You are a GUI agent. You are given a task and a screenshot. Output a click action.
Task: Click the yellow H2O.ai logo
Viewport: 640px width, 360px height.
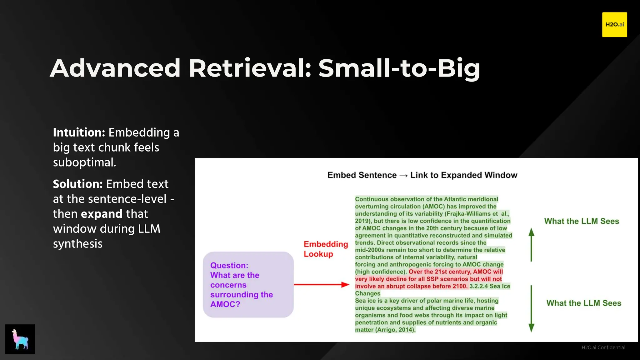[x=614, y=25]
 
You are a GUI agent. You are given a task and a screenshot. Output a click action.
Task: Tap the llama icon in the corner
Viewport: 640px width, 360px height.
[x=20, y=339]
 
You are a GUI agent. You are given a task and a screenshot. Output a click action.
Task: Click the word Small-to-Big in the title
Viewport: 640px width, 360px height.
[x=399, y=68]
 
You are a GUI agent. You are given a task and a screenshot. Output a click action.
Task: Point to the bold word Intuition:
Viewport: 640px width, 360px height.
[x=79, y=132]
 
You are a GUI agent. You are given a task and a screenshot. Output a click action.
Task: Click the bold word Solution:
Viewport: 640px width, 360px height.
[x=77, y=184]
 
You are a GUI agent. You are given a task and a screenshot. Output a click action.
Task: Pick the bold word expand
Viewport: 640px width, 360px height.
[x=102, y=214]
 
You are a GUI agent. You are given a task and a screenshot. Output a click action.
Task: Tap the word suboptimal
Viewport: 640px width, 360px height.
[x=84, y=162]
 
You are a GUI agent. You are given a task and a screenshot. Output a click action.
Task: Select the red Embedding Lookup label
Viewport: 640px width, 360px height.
[x=326, y=249]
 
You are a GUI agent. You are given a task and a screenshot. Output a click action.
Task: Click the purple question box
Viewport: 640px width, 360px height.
[x=248, y=285]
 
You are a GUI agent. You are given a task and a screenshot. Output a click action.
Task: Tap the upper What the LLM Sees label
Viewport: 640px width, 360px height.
[x=581, y=221]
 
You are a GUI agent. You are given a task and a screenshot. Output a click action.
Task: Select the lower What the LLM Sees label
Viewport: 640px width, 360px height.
[x=583, y=303]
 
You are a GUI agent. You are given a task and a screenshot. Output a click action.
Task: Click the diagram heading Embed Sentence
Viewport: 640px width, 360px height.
[x=362, y=175]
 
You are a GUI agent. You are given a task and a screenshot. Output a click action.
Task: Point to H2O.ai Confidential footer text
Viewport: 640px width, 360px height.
[x=603, y=347]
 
